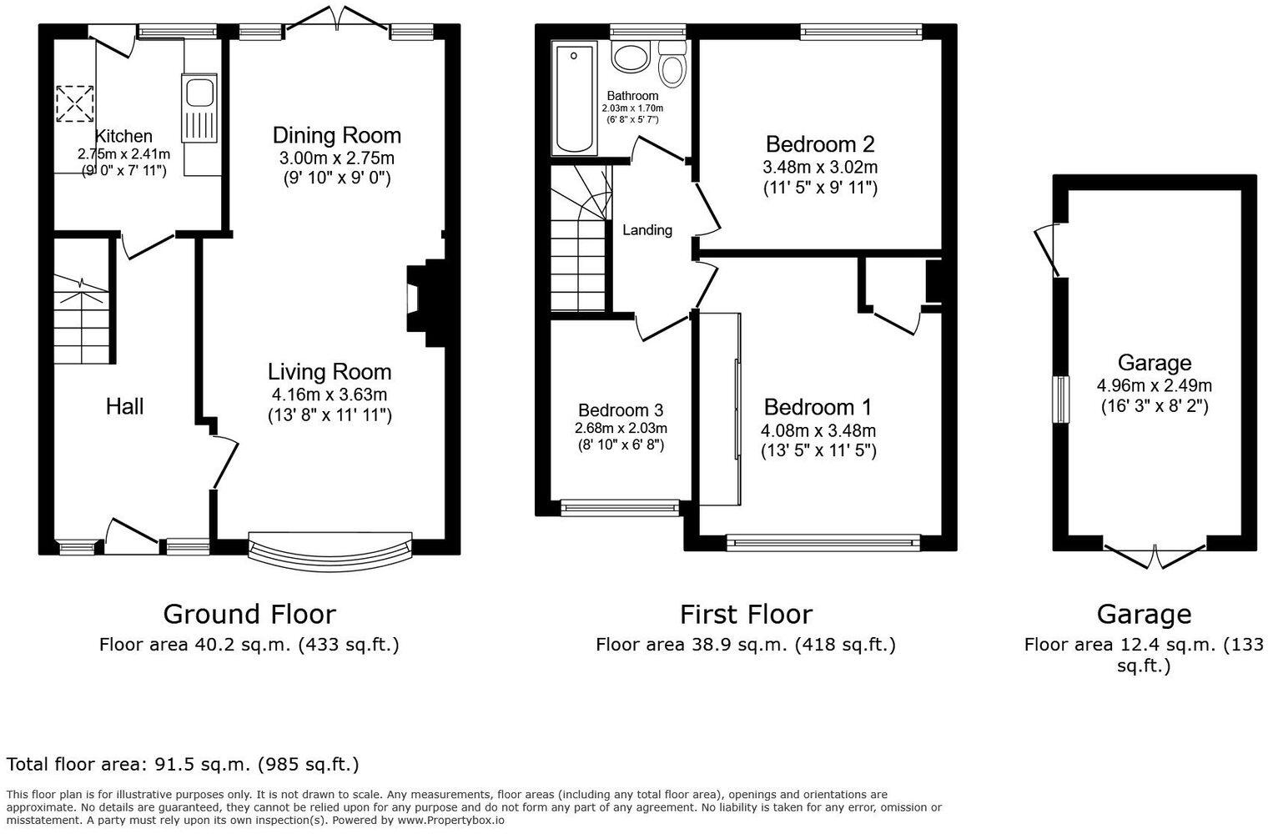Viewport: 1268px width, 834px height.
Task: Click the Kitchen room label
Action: [123, 136]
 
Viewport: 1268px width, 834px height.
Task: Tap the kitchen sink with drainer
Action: [199, 108]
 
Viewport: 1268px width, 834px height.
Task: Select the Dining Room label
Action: [337, 135]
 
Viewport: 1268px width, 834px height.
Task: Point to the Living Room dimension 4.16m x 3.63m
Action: [330, 394]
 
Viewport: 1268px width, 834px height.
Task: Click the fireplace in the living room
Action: [425, 304]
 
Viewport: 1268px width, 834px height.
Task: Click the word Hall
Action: [124, 406]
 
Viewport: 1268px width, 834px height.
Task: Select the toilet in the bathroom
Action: [672, 63]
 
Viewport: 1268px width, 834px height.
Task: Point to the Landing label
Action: [647, 230]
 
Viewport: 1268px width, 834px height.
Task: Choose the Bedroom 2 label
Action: [820, 144]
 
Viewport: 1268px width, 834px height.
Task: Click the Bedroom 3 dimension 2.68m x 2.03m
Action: [621, 429]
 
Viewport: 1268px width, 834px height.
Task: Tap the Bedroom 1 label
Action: [818, 407]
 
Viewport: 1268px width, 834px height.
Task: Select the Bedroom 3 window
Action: [620, 508]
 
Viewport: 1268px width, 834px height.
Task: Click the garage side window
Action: [1061, 399]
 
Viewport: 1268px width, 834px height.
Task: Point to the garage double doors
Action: [1155, 555]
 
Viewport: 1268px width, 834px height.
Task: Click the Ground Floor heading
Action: [249, 615]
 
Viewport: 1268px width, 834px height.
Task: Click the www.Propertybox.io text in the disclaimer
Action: [450, 821]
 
